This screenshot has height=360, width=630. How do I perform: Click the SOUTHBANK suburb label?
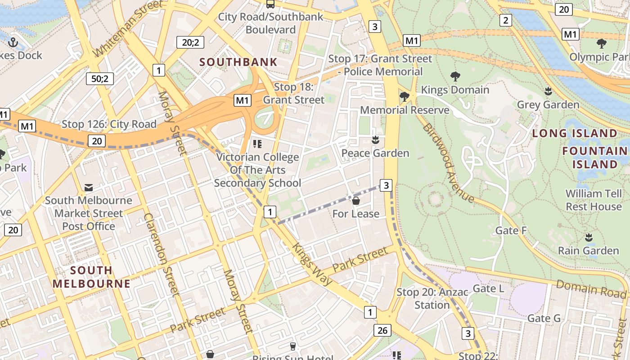coord(238,62)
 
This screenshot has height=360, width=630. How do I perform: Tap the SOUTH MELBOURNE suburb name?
coord(91,277)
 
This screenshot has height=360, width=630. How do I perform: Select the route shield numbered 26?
coord(382,331)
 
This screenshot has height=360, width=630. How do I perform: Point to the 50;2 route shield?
coord(100,79)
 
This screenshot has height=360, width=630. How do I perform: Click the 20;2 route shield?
coord(190,43)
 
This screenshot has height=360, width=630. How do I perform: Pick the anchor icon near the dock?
coord(13,42)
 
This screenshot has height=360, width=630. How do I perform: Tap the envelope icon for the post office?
coord(89,187)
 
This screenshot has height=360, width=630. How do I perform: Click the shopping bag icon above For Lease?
coord(356,201)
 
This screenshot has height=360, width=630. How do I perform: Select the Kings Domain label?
coord(455,90)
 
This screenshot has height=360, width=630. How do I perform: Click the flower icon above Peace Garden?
coord(375,140)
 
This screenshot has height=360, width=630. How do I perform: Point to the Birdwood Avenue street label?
coord(448,163)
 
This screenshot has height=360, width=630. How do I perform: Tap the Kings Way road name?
coord(312,264)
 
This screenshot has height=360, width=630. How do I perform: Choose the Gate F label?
coord(511,230)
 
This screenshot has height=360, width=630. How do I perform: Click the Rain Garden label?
coord(588,251)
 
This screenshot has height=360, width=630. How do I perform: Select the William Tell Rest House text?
coord(594,200)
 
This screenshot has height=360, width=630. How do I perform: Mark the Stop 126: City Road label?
coord(109,124)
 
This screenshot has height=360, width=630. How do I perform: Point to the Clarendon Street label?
coord(162,254)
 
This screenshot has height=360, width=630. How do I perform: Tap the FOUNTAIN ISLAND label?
coord(594,157)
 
